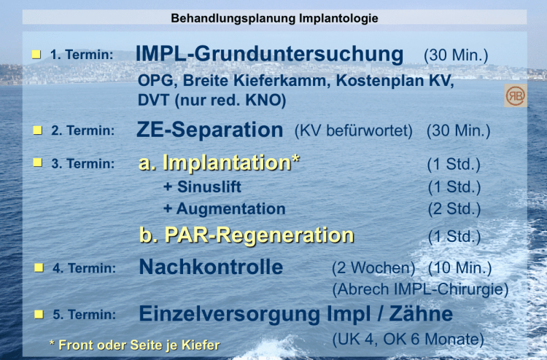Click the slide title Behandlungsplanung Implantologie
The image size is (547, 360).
(x=274, y=18)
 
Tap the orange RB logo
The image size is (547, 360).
(x=515, y=95)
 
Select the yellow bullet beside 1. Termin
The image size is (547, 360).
(x=36, y=55)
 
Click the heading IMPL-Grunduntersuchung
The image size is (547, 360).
(x=269, y=54)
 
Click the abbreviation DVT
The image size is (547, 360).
(x=153, y=101)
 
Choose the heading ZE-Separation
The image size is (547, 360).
(x=209, y=130)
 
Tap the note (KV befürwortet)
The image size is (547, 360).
(x=354, y=131)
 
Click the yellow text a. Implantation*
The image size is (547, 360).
(x=219, y=163)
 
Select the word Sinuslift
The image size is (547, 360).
(x=209, y=187)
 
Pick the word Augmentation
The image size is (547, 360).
(x=231, y=208)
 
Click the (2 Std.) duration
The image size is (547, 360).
(x=454, y=209)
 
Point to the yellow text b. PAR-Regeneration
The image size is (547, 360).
(x=247, y=235)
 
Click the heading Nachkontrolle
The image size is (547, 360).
(x=211, y=267)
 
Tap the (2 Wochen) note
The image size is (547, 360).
(x=373, y=268)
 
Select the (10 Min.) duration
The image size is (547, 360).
(x=459, y=268)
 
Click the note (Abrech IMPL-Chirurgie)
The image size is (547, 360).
(x=420, y=289)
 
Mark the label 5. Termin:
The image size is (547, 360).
(x=84, y=314)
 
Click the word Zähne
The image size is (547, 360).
(x=421, y=313)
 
